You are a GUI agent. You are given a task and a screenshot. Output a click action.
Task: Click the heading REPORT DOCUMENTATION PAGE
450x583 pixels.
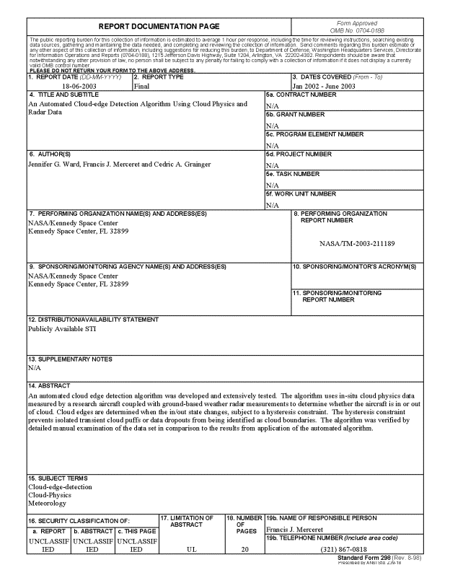click(158, 26)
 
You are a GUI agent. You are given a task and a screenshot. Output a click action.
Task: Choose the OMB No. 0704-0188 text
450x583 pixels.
click(356, 31)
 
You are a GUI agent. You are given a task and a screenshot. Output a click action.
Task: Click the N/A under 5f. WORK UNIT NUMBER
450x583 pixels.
click(272, 205)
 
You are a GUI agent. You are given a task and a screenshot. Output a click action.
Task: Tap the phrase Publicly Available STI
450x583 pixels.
click(61, 329)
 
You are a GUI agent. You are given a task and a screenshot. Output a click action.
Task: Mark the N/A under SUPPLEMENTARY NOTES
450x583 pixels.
click(34, 367)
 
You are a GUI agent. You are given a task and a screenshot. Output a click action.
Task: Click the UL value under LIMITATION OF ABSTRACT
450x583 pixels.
click(190, 548)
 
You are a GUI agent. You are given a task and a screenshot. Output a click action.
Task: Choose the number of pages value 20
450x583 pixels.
click(244, 548)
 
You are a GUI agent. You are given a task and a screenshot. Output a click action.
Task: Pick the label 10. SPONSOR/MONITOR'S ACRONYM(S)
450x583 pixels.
click(354, 267)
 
